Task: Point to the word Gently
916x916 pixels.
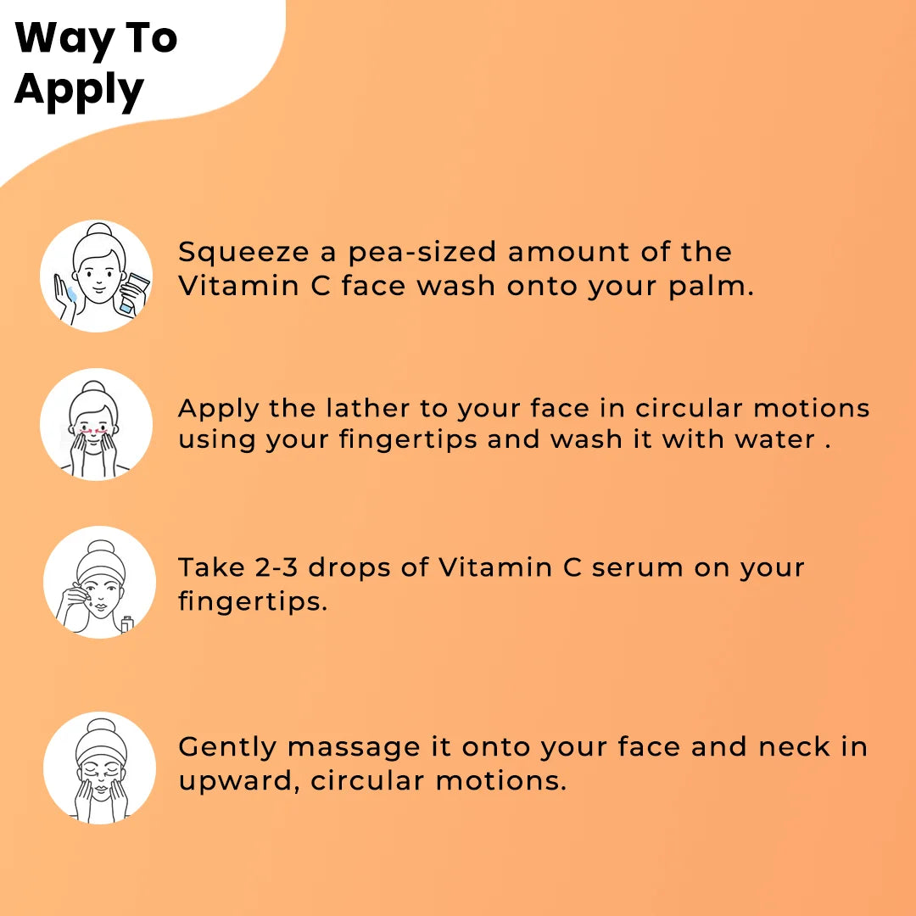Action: click(x=227, y=747)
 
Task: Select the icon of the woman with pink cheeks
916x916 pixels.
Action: click(x=97, y=424)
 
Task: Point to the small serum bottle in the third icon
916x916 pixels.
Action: click(x=127, y=625)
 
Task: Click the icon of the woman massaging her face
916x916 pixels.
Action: click(x=99, y=768)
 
